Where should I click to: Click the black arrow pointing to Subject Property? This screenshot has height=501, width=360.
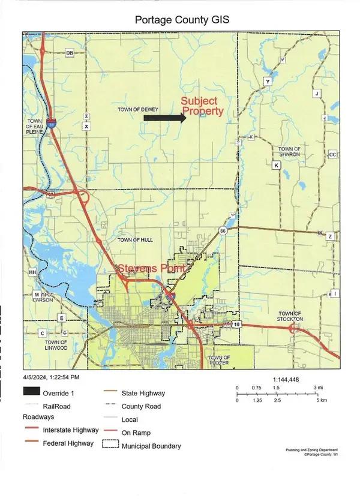point(164,118)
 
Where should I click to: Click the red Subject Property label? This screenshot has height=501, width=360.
point(203,107)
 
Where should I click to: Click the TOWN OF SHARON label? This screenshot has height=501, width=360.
point(289,151)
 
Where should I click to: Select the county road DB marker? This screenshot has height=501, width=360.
point(69,53)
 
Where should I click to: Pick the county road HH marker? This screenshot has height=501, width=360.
point(32,272)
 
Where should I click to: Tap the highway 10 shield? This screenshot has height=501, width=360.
point(237,325)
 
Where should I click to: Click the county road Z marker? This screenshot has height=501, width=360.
point(329,237)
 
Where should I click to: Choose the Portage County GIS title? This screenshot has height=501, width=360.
point(180,20)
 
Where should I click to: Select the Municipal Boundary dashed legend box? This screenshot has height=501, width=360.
point(110,446)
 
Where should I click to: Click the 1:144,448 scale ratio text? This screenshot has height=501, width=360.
point(289,379)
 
